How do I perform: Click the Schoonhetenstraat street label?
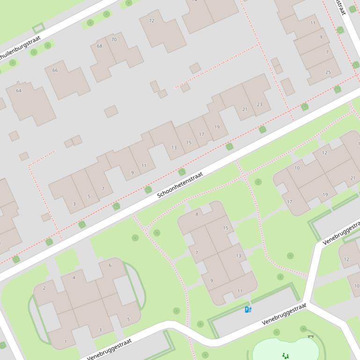[180, 185]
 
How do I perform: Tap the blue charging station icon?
[248, 310]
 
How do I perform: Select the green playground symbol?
[285, 356]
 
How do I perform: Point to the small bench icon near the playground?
[310, 337]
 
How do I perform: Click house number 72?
[151, 21]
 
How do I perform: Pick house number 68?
[99, 46]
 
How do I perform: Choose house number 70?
[114, 39]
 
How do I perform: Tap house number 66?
[55, 70]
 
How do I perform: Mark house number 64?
[19, 90]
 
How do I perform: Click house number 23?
[259, 104]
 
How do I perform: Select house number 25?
[328, 72]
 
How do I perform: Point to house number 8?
[197, 214]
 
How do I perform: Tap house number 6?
[110, 265]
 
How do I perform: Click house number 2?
[44, 288]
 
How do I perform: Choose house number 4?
[73, 277]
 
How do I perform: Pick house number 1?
[65, 341]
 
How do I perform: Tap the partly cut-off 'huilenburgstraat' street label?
[20, 49]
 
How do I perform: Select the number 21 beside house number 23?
[244, 109]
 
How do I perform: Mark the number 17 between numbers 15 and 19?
[201, 134]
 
